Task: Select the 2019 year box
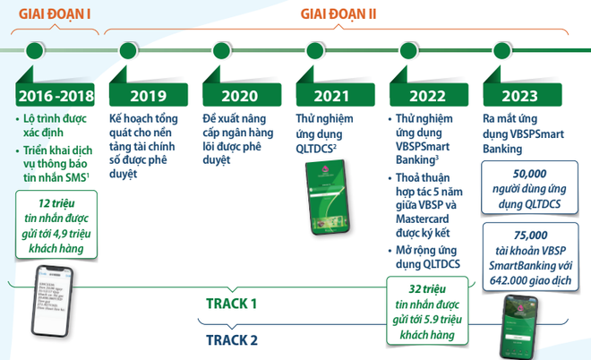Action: point(149,95)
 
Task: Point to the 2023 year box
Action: point(523,95)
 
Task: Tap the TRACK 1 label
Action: point(230,304)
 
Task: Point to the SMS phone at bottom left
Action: point(53,304)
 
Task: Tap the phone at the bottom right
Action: point(519,326)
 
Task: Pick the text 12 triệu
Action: point(59,205)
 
